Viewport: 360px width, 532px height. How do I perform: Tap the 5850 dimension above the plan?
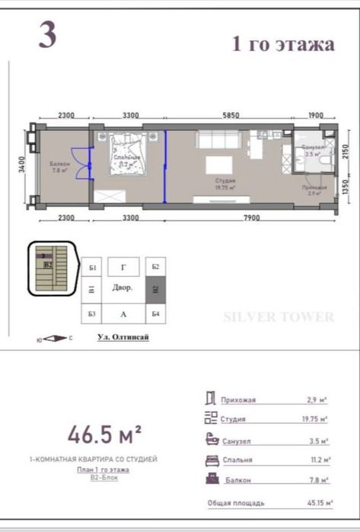(x=231, y=115)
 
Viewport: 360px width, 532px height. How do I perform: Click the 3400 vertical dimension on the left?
(x=23, y=164)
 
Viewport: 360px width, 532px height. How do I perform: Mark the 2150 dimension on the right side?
(x=344, y=151)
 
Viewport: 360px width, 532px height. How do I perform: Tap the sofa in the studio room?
(x=220, y=141)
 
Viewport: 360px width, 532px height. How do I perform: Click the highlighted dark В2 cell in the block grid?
(x=155, y=289)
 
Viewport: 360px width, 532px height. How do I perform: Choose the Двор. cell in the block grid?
(x=123, y=289)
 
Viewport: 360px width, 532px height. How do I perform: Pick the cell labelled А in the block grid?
(x=123, y=314)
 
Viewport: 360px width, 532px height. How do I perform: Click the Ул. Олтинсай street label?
(x=123, y=337)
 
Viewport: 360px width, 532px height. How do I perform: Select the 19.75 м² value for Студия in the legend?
(x=313, y=419)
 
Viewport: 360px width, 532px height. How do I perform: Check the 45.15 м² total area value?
(x=311, y=503)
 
